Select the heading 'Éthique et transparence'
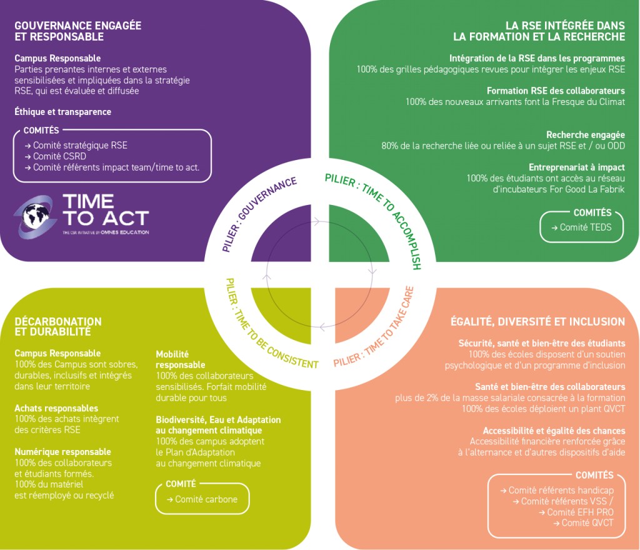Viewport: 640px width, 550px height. point(63,112)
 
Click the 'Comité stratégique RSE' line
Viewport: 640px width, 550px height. point(76,145)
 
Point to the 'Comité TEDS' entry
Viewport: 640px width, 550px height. point(582,227)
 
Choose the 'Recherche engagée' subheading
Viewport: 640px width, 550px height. point(585,134)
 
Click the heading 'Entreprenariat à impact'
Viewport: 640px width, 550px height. point(577,167)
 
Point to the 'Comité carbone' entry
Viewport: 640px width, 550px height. point(202,499)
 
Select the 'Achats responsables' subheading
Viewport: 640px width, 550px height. point(56,408)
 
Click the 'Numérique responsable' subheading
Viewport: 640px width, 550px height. point(63,452)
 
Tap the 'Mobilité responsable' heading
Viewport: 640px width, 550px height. point(181,359)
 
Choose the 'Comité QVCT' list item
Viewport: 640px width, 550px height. point(583,522)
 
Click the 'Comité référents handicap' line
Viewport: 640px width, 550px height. point(557,490)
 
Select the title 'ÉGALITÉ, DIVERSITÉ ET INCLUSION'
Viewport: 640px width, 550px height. point(537,321)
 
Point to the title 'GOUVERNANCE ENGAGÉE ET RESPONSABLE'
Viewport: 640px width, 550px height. point(78,31)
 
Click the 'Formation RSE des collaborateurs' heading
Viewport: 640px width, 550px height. point(556,91)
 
